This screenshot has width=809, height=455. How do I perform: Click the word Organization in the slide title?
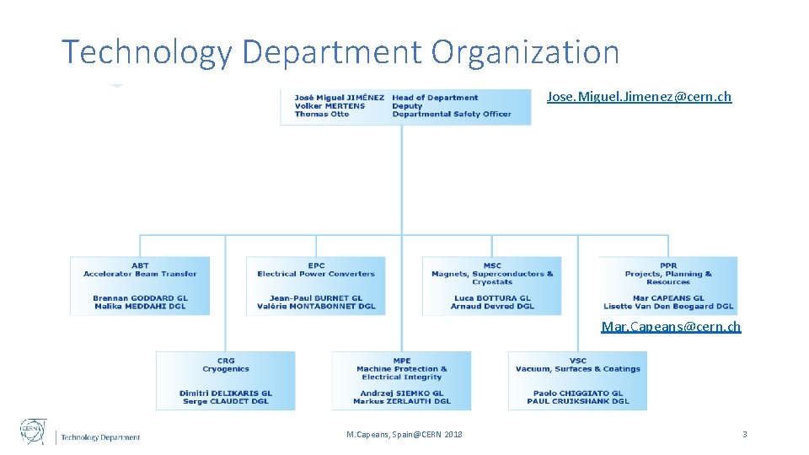(x=525, y=52)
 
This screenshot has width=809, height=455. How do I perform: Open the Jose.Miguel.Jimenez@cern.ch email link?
(x=639, y=97)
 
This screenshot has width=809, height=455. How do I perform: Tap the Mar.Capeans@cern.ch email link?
(x=671, y=326)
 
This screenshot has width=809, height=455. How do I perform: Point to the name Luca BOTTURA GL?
(x=492, y=298)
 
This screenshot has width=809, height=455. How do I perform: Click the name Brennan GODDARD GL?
(x=140, y=298)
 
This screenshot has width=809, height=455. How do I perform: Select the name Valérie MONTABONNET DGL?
(x=316, y=307)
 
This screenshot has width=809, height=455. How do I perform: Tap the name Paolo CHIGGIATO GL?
(x=577, y=393)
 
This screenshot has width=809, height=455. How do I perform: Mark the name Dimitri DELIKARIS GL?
(x=226, y=393)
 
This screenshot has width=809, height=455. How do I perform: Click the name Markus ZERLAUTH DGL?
(x=402, y=402)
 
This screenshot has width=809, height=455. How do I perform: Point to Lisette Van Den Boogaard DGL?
(x=668, y=307)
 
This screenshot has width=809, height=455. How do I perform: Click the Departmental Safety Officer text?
(x=452, y=115)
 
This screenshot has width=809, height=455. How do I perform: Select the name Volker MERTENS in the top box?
(x=329, y=106)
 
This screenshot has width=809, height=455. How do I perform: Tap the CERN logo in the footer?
(x=34, y=431)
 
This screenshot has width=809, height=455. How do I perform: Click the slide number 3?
(x=744, y=434)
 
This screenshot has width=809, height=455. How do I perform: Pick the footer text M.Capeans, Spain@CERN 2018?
(x=404, y=435)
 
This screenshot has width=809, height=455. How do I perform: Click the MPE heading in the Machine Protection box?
(x=402, y=361)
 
